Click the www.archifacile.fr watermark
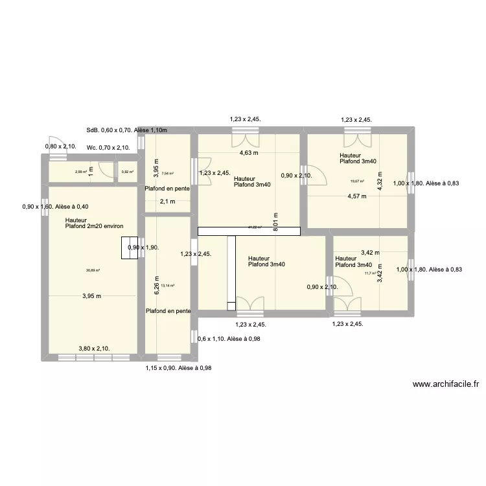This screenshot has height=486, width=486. click(445, 384)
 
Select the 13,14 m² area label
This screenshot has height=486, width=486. click(167, 286)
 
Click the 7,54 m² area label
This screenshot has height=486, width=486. click(167, 173)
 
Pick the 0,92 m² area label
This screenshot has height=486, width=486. click(127, 172)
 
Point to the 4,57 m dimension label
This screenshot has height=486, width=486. click(356, 196)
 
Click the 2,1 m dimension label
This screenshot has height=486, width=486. click(167, 202)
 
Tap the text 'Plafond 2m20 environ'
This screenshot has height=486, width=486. click(95, 226)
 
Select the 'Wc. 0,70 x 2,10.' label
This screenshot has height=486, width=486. click(108, 147)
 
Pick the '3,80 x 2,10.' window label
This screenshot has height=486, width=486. click(94, 348)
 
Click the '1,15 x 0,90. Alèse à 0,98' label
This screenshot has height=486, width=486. click(178, 368)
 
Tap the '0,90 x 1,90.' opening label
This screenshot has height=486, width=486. click(148, 248)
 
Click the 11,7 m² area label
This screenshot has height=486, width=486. click(370, 273)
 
